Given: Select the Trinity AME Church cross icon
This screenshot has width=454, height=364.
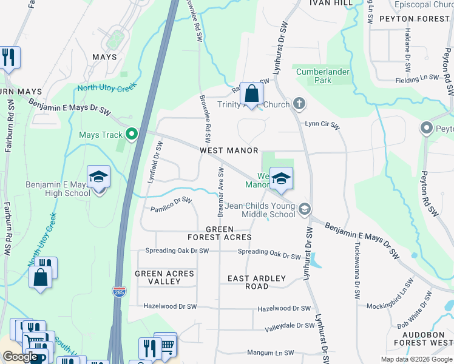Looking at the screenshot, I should [299, 104].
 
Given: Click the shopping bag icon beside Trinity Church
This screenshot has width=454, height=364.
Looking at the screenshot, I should [250, 94].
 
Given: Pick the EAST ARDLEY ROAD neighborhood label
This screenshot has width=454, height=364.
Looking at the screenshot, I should [256, 283].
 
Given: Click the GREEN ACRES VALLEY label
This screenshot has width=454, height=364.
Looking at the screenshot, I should [164, 277].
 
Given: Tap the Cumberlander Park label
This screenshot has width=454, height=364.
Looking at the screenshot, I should [323, 76].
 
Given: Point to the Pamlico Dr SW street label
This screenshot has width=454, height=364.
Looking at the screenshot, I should [171, 204].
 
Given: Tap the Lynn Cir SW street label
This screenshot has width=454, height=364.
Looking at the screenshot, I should [322, 124].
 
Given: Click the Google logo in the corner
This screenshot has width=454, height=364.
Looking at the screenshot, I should [20, 357].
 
